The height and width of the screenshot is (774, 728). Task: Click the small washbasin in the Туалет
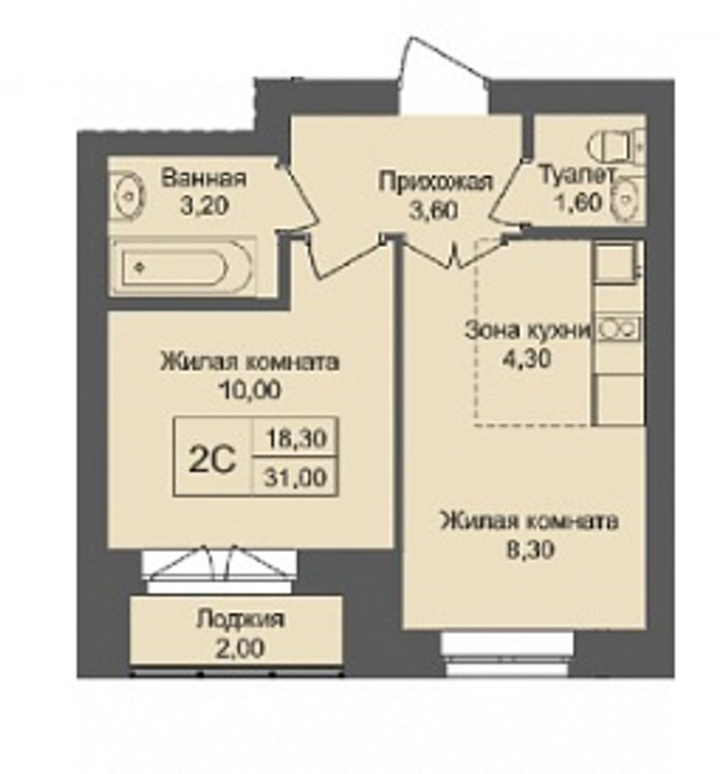click(626, 200)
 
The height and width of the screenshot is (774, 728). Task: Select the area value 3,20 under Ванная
click(204, 206)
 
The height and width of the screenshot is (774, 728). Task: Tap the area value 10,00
click(250, 390)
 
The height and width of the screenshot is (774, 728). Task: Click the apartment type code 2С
click(213, 460)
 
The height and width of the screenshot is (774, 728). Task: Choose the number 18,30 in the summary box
click(296, 437)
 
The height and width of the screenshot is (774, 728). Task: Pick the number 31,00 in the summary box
click(296, 477)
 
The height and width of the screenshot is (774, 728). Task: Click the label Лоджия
click(240, 618)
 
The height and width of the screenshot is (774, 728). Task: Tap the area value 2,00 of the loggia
click(240, 647)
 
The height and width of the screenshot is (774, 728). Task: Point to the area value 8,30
click(531, 549)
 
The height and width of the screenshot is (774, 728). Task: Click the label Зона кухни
click(527, 330)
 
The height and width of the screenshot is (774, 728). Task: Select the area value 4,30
click(526, 359)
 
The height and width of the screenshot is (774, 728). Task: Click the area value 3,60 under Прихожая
click(434, 209)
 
